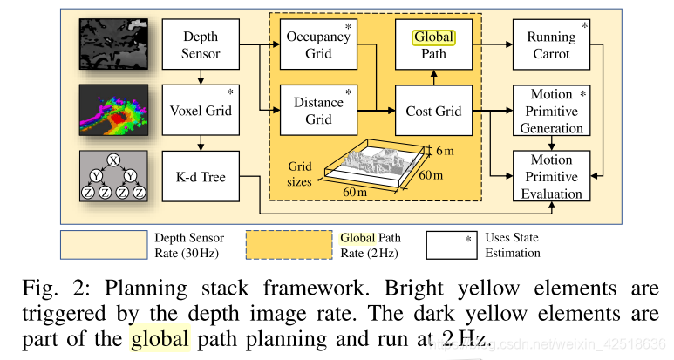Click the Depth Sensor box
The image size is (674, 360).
pos(201,45)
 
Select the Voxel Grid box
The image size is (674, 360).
pos(201,112)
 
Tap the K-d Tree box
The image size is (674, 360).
pos(201,177)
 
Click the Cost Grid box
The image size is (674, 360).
pos(434,112)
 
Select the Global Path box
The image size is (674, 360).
pos(434,45)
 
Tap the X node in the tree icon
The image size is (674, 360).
pos(112,160)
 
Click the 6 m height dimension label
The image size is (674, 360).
pos(445,150)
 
